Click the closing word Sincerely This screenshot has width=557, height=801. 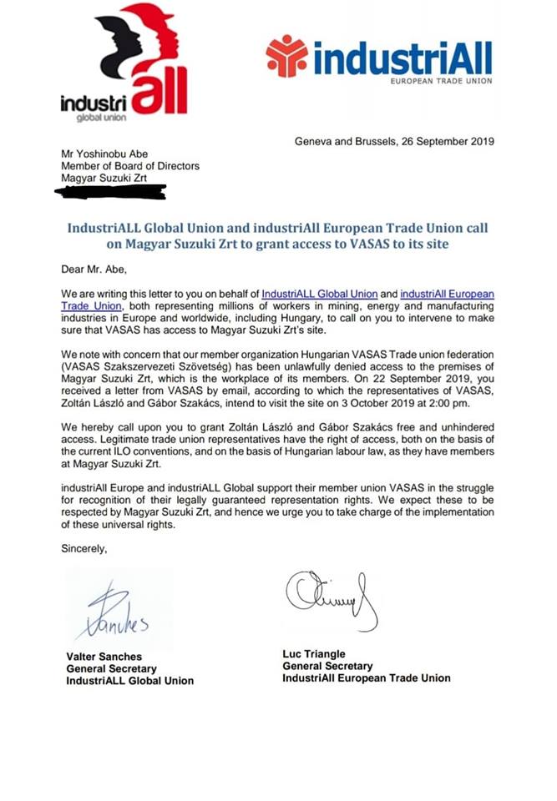pyautogui.click(x=84, y=548)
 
